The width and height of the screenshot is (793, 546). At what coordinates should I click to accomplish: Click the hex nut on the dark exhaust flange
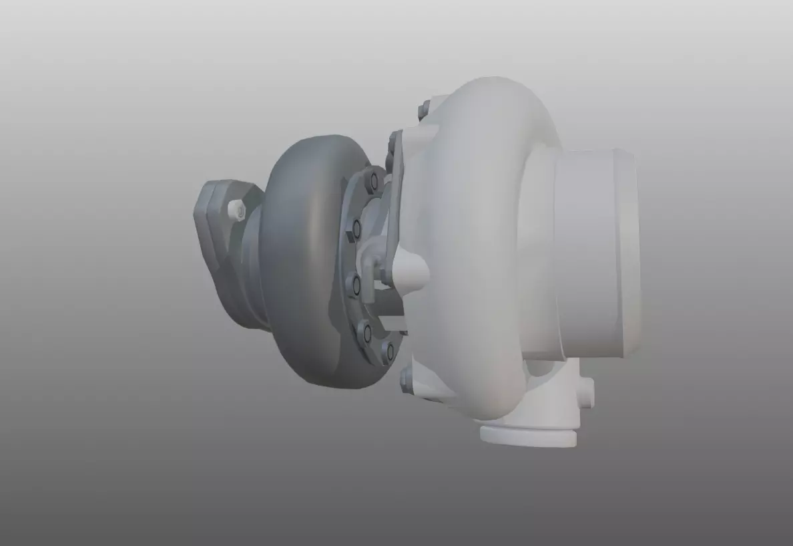click(236, 210)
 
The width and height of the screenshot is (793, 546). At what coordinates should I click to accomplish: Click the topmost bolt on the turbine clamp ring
click(372, 180)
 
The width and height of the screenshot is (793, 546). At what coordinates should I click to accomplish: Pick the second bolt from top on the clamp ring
click(356, 229)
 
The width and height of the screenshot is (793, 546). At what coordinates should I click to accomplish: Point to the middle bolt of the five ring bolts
click(356, 285)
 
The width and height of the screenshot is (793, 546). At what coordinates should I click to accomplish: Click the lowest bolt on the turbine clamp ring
click(387, 350)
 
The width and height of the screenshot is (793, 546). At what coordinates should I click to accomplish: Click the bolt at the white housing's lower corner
click(407, 381)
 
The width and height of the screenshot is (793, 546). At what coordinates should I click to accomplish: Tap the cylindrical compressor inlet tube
click(587, 254)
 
